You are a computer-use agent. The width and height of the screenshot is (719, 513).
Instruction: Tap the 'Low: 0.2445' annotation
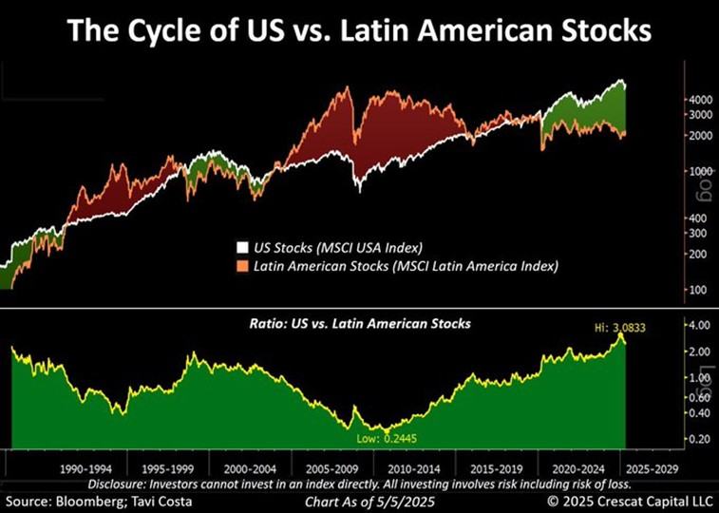386,438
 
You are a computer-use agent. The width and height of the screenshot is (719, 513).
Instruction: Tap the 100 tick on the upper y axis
700,289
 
